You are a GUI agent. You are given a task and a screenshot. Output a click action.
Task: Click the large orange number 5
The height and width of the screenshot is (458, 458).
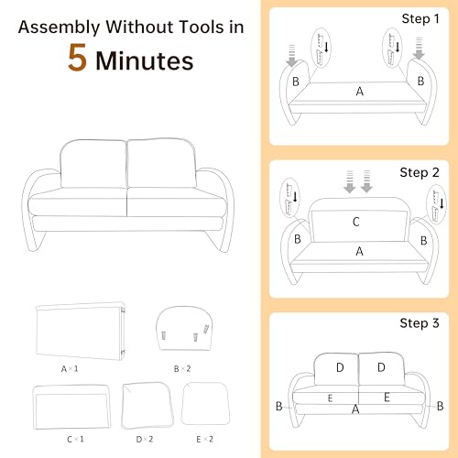point(77,58)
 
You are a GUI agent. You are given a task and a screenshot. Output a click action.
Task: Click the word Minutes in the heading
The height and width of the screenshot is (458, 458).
point(145,60)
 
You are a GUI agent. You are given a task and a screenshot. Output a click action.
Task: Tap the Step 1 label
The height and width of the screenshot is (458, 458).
point(420,19)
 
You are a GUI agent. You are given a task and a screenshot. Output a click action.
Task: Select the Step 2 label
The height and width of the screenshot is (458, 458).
point(420,173)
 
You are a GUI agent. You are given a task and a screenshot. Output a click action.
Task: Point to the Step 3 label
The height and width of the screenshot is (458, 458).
point(420,323)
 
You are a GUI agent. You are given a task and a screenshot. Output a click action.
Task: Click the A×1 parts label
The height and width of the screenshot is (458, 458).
point(70,369)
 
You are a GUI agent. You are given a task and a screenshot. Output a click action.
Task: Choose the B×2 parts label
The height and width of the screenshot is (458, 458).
point(182,369)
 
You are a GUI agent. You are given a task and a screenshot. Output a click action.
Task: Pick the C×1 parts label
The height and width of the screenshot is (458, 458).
point(75,440)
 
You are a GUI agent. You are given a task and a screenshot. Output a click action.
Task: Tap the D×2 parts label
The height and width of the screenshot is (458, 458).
point(145,440)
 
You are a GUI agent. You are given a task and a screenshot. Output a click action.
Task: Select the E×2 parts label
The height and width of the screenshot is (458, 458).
point(204,440)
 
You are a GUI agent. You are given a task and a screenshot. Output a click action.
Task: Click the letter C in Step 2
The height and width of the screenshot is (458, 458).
point(356,222)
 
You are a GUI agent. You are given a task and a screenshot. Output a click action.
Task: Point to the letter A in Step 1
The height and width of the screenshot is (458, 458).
point(360,92)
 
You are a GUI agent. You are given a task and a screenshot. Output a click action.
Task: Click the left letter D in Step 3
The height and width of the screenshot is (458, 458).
point(340,367)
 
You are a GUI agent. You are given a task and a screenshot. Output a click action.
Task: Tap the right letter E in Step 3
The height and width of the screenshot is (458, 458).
point(387,398)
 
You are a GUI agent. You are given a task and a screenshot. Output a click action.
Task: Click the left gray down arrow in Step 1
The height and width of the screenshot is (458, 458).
point(292,56)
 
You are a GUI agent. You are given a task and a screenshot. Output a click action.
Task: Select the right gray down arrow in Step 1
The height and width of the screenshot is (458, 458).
point(419,49)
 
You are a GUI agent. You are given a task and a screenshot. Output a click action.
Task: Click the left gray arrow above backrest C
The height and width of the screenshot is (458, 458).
point(350,181)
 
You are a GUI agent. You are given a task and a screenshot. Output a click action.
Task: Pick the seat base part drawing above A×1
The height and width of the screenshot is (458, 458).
point(81,331)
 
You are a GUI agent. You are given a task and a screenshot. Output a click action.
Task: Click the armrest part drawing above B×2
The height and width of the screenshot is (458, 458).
point(184,328)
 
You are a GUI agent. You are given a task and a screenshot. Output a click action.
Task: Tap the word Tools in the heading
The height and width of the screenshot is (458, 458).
point(202,27)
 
